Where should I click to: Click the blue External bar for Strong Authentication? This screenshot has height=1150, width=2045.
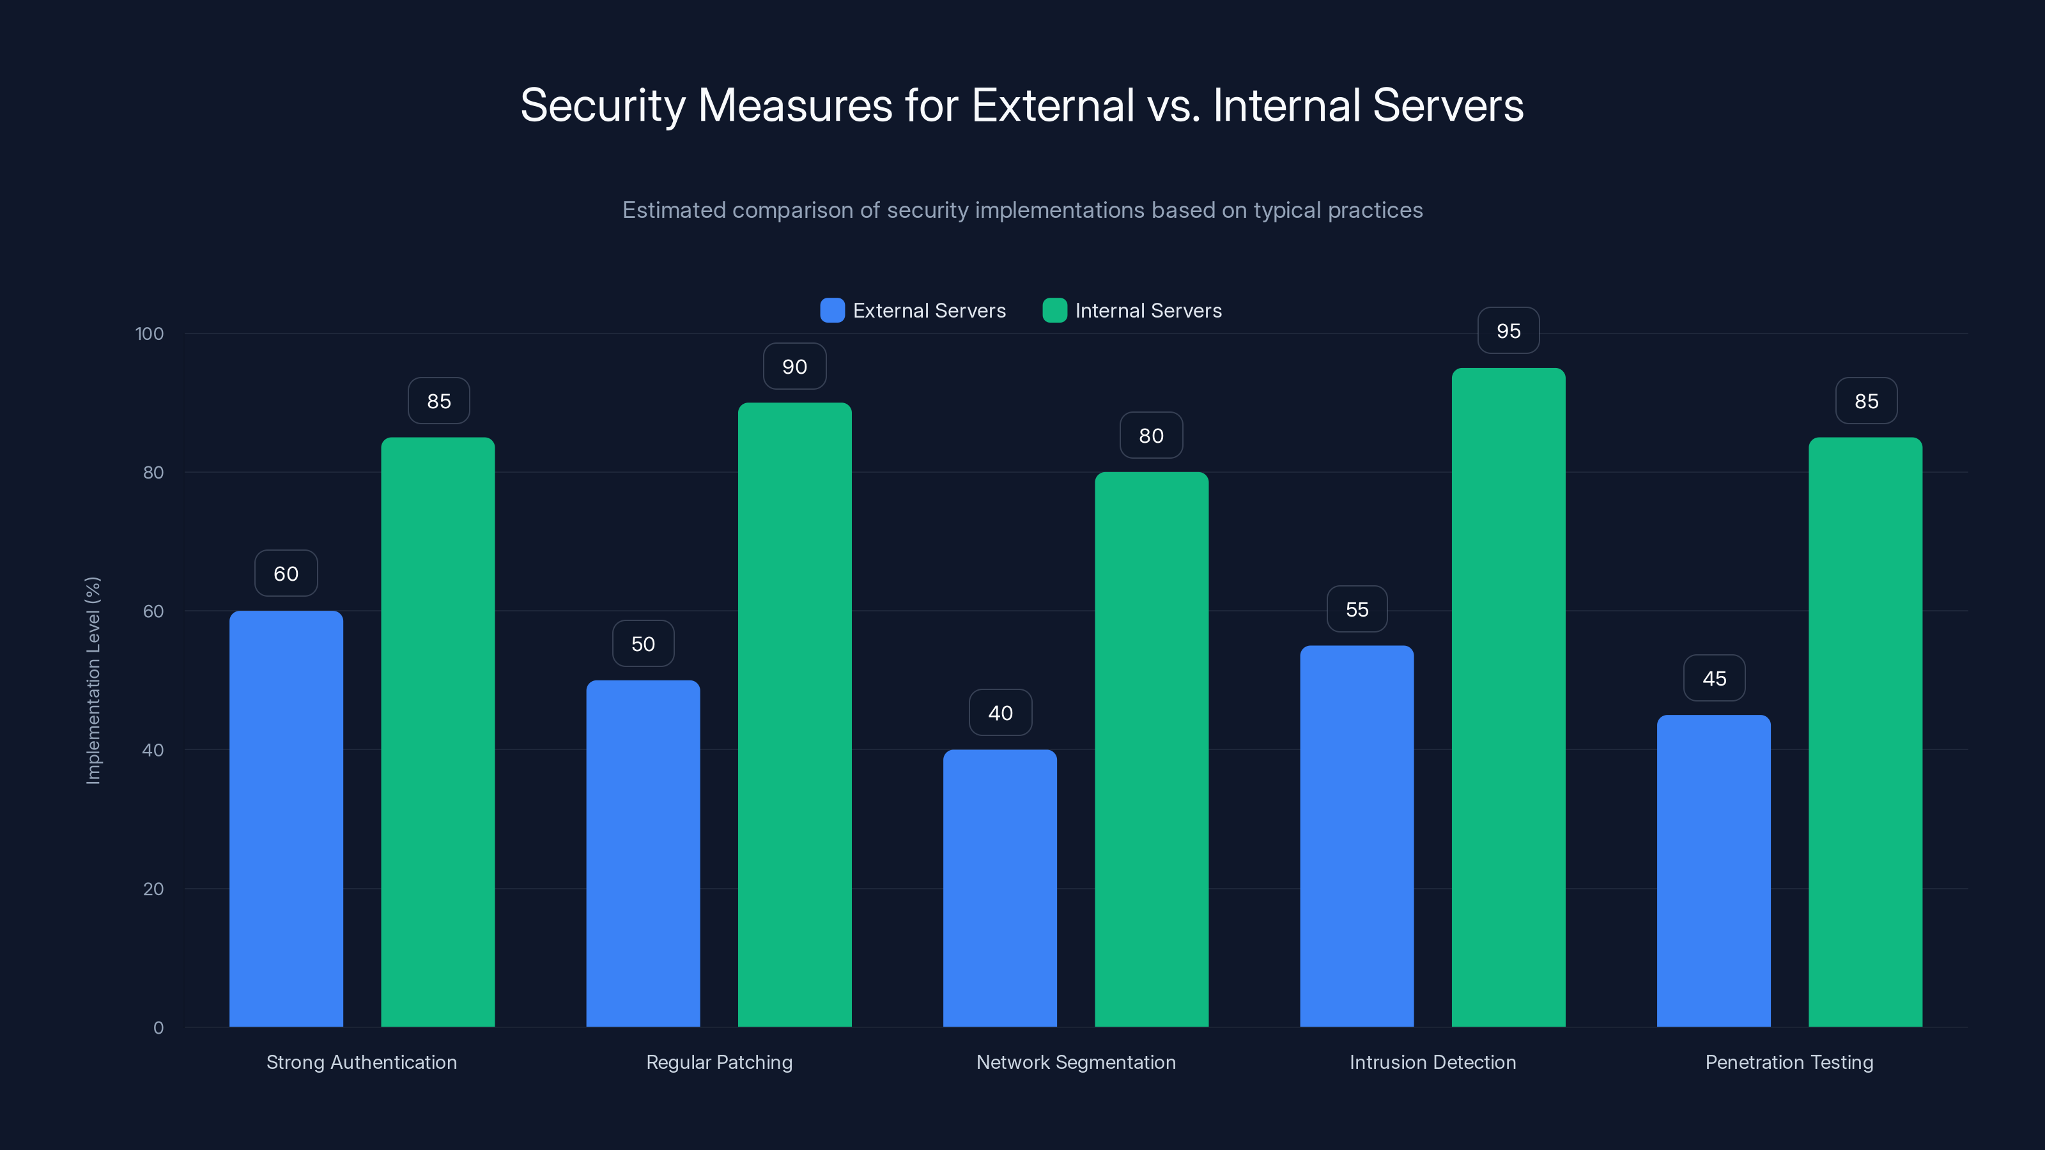pos(286,818)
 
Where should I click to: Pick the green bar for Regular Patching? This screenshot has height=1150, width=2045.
pos(794,714)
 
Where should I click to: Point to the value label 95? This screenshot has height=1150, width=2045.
pos(1508,331)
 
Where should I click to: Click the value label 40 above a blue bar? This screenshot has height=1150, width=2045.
pos(1000,713)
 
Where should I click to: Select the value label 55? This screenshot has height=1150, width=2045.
pos(1357,609)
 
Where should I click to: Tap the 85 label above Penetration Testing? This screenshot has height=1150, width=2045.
pos(1866,401)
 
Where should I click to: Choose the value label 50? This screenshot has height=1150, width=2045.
pos(643,643)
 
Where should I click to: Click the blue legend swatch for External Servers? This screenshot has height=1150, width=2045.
pos(832,310)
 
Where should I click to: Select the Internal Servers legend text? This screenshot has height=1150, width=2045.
pos(1148,310)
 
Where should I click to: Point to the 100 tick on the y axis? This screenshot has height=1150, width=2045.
pos(150,333)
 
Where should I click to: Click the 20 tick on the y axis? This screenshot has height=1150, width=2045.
pos(153,889)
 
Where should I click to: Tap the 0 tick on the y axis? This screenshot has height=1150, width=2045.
pos(158,1028)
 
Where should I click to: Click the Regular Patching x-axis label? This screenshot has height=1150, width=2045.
pos(719,1062)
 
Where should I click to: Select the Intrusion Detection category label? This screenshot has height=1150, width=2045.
pos(1432,1062)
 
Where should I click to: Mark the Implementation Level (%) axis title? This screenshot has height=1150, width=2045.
pos(93,680)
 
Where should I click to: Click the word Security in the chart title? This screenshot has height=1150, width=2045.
pos(603,105)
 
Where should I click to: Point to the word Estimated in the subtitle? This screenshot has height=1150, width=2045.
pos(673,210)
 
